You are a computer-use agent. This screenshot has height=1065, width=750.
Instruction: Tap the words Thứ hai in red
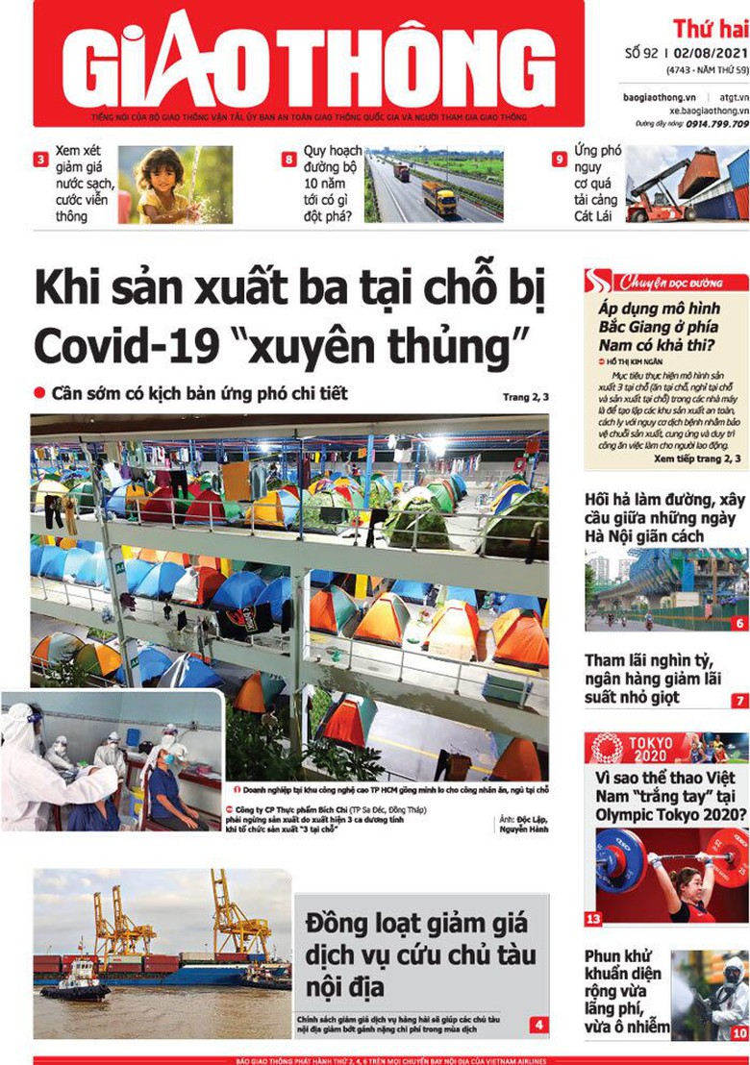coord(710,28)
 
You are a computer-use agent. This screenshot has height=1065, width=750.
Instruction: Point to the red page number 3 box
coord(40,160)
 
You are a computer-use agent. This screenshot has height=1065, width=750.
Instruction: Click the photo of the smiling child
coord(175,185)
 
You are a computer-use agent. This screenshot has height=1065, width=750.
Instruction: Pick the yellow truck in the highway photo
coord(439,198)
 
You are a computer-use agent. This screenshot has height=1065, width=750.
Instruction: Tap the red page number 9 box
coord(559,160)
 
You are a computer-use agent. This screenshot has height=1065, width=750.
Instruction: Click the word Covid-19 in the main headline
coord(116,341)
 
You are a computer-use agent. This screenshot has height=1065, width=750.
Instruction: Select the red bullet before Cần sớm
coord(39,392)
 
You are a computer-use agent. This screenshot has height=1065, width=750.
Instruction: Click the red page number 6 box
coord(739,623)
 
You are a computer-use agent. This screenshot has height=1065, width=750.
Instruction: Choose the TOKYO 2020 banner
coord(665,747)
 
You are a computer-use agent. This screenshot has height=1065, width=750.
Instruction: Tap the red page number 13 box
coord(593,920)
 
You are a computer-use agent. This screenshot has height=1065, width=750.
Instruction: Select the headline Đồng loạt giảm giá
coord(416,924)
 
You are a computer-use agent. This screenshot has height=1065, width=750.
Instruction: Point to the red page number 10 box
coord(738,1033)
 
